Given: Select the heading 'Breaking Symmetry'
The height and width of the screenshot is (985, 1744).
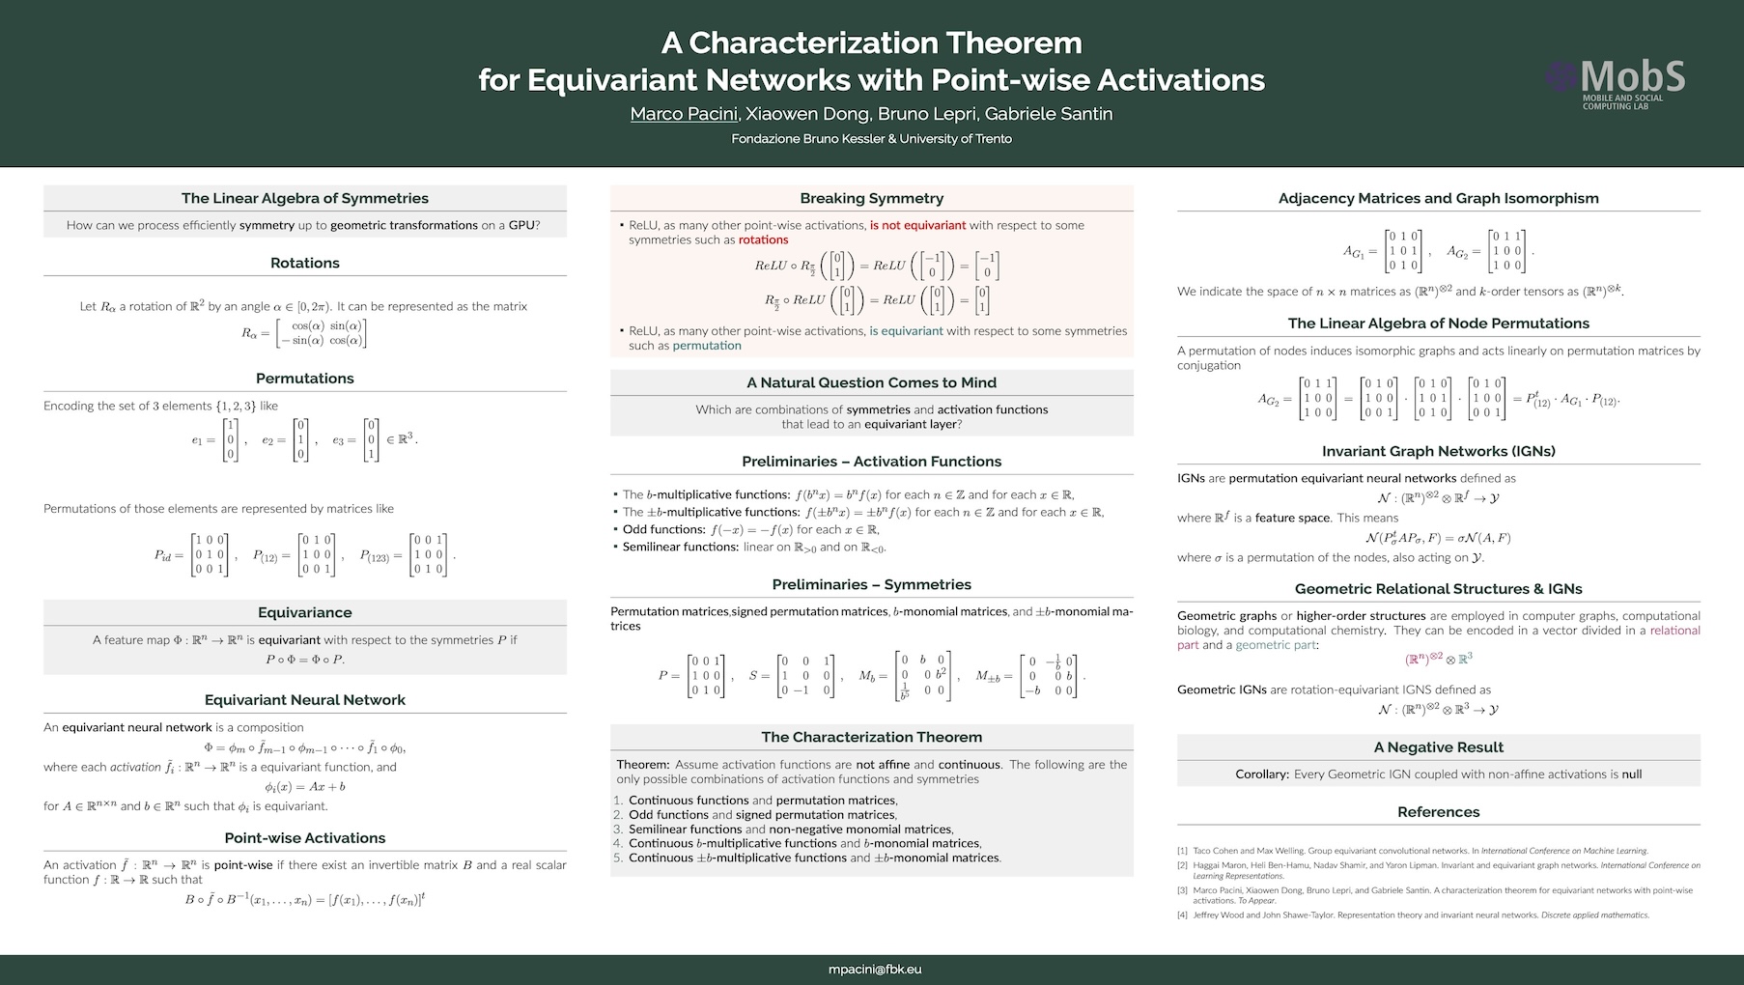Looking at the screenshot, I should (871, 198).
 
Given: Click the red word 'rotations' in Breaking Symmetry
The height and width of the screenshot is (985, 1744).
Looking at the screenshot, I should (763, 239).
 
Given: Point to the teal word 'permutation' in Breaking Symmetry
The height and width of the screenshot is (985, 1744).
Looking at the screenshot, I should (707, 346).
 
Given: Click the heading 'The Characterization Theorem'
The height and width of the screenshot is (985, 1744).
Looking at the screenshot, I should (871, 737).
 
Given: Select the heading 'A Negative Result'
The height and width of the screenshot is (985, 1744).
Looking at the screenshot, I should (1438, 746).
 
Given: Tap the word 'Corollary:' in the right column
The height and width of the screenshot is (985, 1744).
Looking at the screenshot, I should (1262, 774).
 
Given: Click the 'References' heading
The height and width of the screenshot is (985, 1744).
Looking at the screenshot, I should (1438, 812).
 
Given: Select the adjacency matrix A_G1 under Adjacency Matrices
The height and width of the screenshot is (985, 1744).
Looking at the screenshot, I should (1402, 250).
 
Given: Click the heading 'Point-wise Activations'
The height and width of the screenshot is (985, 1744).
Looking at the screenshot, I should (304, 838).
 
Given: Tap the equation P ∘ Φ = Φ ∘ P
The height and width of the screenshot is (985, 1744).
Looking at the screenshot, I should (304, 660).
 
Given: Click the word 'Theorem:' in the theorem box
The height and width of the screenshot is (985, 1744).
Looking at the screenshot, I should (642, 764).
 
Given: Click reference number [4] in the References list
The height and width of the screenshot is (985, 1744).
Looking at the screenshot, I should (1182, 915).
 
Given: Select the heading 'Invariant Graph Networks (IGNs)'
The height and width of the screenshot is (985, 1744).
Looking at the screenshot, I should (1438, 451).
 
